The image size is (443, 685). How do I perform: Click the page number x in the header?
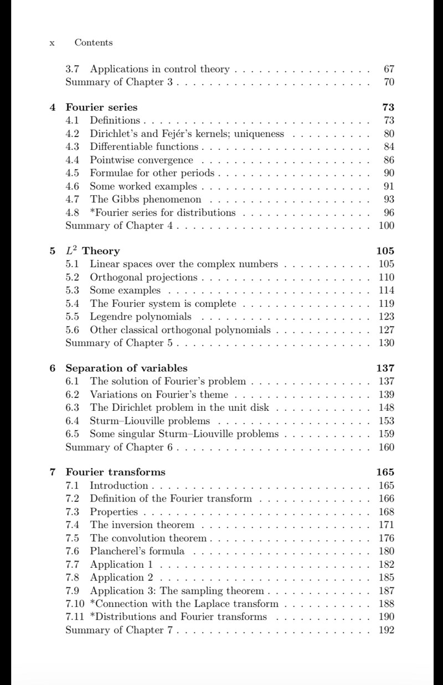51,43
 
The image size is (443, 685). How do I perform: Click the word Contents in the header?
94,43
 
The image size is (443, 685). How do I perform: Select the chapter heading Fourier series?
101,107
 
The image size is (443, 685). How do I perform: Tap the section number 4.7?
73,199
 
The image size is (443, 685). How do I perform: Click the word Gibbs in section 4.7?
126,199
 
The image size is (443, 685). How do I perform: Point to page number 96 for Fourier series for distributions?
389,212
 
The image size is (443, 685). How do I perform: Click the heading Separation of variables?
126,368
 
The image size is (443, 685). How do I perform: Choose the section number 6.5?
73,434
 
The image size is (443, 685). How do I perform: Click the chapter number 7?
52,472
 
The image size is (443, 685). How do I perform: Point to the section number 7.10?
75,604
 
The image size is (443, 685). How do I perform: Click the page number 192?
387,630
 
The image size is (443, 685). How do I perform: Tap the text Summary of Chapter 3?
120,83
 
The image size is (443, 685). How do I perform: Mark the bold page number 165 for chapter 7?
385,472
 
